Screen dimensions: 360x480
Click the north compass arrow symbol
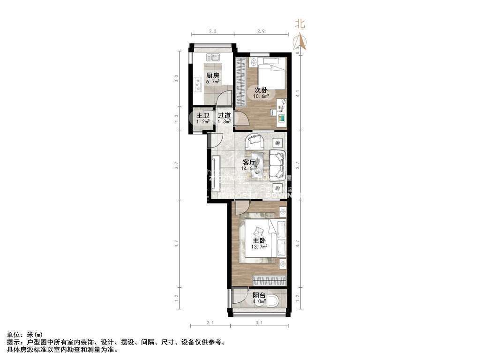click(300, 42)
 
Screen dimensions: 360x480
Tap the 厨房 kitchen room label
click(212, 76)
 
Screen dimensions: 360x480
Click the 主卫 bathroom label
click(202, 116)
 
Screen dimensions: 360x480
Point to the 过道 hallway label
click(224, 116)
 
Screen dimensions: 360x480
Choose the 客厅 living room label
click(248, 163)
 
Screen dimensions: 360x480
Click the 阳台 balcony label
click(259, 295)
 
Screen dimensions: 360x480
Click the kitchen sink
click(213, 58)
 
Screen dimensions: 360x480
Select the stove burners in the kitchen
click(196, 85)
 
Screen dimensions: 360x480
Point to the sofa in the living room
click(277, 162)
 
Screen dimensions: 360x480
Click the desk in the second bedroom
click(281, 112)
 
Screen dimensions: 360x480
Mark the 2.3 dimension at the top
click(212, 31)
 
